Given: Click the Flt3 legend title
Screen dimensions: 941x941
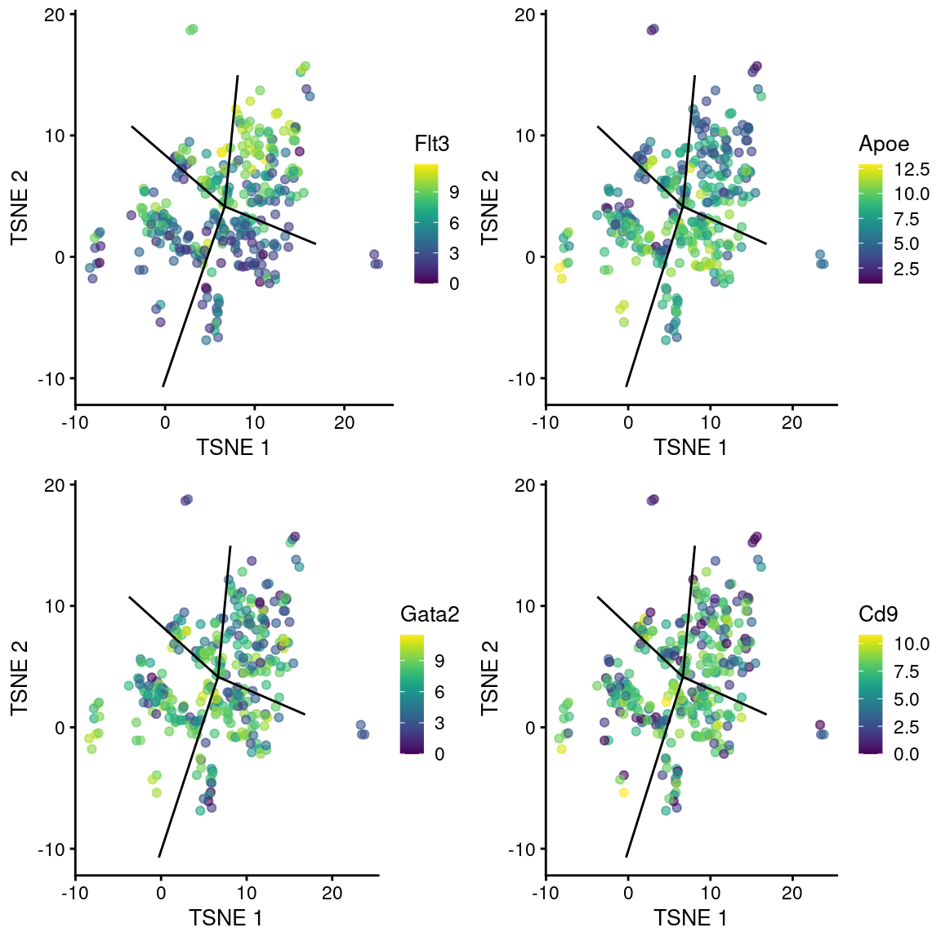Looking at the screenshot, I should (431, 145).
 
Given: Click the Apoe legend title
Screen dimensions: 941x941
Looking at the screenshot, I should (884, 145).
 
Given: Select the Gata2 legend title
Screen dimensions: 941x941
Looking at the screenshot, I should (430, 614).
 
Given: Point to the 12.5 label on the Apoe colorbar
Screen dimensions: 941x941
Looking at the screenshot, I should (912, 170).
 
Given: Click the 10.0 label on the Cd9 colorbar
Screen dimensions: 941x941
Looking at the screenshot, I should (912, 644).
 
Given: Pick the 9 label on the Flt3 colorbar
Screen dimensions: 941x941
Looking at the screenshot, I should (454, 192).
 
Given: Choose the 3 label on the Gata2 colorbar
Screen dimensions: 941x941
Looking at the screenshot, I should (439, 723).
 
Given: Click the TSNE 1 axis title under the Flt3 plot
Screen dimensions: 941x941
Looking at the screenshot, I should (233, 447).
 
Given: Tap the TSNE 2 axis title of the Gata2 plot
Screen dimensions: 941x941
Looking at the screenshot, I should (20, 678).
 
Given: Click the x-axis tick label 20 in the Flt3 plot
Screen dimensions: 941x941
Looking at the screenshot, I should (344, 422).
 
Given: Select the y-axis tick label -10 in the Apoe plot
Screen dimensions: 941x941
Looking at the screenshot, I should (524, 379).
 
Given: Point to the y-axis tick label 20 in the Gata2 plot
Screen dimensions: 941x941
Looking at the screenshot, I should (55, 485).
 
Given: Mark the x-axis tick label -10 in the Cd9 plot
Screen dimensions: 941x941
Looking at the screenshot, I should (545, 893).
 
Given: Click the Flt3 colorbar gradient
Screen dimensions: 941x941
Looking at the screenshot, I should (426, 223).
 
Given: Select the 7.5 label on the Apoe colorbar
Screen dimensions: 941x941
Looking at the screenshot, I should (912, 219).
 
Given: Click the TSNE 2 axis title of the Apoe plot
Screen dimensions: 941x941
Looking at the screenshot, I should (489, 207).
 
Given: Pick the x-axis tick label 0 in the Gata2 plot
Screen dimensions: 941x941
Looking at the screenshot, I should (160, 893).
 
